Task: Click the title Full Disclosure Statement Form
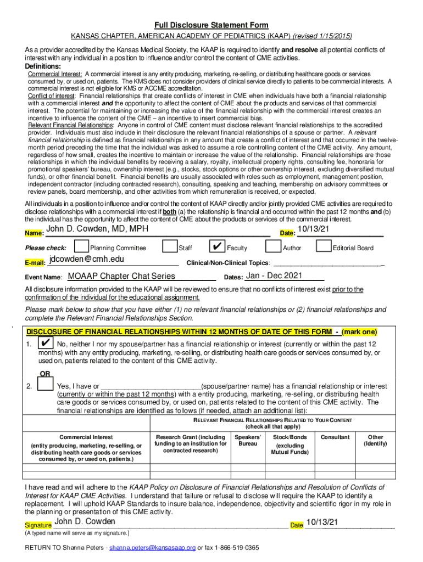[x=211, y=25]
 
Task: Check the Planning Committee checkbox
[x=81, y=247]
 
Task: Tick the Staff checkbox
[x=170, y=247]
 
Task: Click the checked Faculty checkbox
[x=218, y=247]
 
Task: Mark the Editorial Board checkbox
[x=324, y=247]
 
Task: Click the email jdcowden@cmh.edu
[x=86, y=259]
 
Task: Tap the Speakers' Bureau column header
[x=247, y=440]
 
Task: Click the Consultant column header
[x=335, y=437]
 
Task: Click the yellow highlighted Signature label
[x=38, y=526]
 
